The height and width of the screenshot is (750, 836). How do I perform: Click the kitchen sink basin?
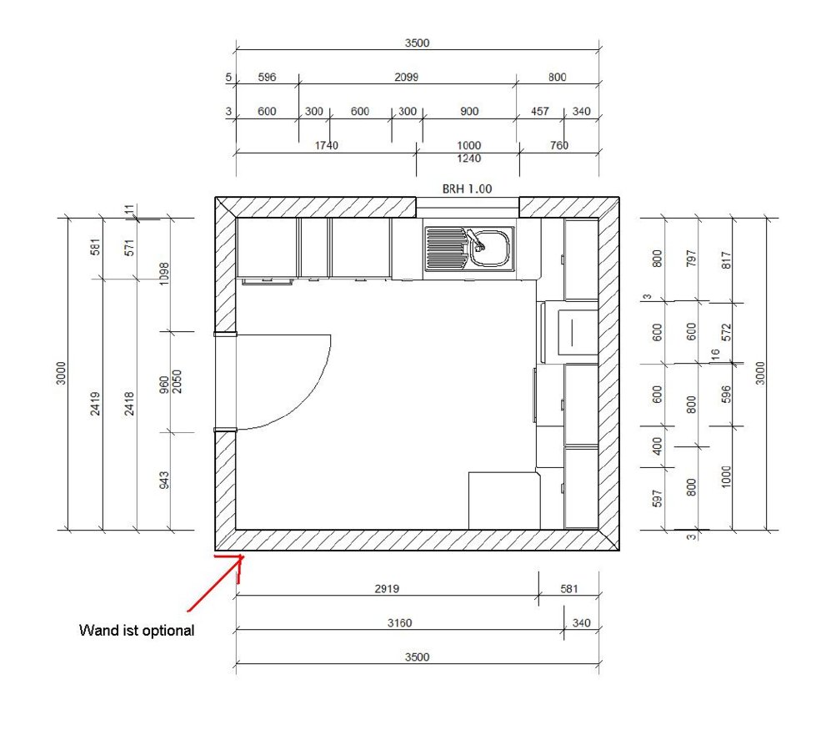(x=489, y=248)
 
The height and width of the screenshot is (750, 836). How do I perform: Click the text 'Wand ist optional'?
(x=137, y=631)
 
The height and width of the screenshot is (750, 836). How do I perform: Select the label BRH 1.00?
(x=467, y=189)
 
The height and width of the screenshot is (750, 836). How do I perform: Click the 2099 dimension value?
(x=406, y=77)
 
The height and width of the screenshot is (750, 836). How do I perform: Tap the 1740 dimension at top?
(x=326, y=145)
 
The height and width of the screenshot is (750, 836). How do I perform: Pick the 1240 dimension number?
(x=469, y=159)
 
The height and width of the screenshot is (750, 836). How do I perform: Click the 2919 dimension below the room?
(x=387, y=588)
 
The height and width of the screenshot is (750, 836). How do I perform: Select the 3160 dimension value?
(x=400, y=622)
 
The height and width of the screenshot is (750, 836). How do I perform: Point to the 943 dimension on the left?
(x=164, y=480)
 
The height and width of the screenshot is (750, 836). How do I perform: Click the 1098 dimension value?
(x=164, y=274)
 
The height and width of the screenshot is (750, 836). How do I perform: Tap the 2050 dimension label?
(x=178, y=381)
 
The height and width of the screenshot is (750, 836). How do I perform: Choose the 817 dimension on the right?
(x=726, y=260)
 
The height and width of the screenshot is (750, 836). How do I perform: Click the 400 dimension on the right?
(x=658, y=446)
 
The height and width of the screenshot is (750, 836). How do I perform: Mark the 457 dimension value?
(x=540, y=111)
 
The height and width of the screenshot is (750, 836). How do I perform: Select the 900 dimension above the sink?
(x=469, y=111)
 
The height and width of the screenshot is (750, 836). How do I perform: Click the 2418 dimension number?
(x=129, y=404)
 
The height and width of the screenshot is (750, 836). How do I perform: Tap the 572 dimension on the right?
(x=726, y=333)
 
